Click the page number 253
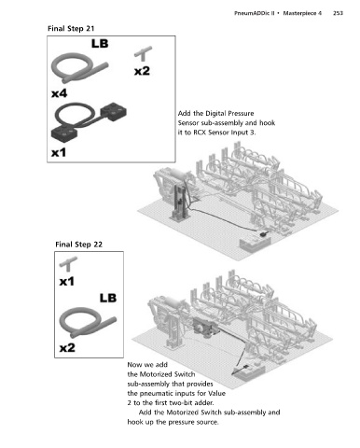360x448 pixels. tap(338, 13)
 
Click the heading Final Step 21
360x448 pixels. tap(71, 29)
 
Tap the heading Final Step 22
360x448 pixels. tap(78, 245)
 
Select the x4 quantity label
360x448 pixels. tap(59, 93)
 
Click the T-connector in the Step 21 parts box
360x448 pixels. tap(144, 53)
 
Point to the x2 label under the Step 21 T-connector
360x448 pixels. tap(142, 71)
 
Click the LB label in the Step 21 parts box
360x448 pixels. tap(100, 44)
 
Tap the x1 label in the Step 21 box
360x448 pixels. tap(59, 152)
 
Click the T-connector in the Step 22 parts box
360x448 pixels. tap(69, 264)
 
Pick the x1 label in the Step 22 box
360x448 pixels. tap(67, 282)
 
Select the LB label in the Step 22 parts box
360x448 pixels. tap(108, 298)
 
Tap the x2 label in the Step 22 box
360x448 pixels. tap(67, 347)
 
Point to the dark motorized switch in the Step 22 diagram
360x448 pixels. tap(203, 327)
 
